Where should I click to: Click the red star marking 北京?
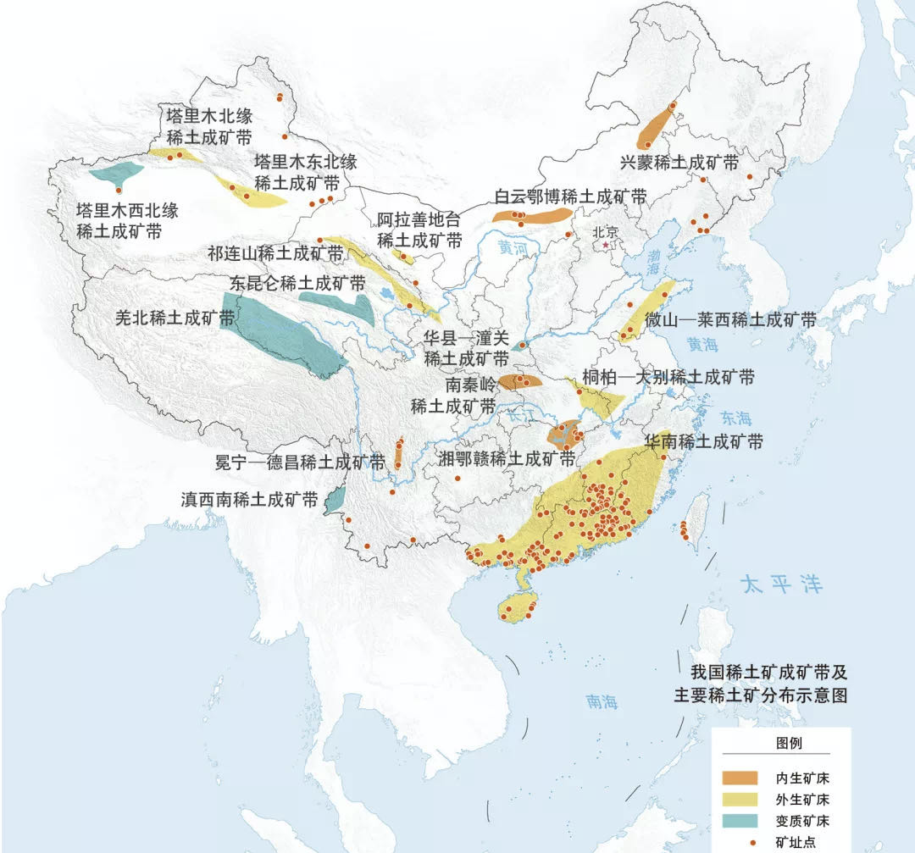[x=605, y=246]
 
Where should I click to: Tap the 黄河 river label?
[x=512, y=249]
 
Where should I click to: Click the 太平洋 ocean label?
[x=780, y=584]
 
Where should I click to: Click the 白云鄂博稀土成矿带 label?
[x=570, y=197]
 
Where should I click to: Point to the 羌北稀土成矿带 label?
[x=175, y=318]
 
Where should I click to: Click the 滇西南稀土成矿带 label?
[x=249, y=499]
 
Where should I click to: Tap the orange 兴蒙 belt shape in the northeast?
[x=656, y=126]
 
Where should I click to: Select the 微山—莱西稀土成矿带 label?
[x=729, y=320]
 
